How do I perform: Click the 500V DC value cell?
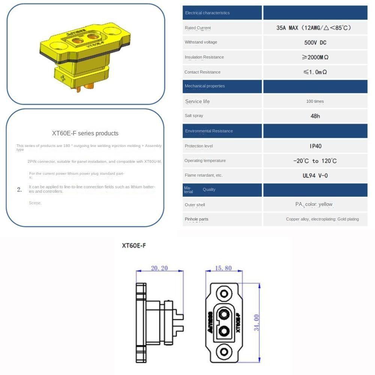click(x=315, y=42)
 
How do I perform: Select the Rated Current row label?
click(x=198, y=28)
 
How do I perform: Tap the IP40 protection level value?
click(x=315, y=146)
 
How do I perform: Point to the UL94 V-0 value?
click(x=315, y=175)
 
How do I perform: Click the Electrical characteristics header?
click(x=207, y=13)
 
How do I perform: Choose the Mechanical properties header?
click(x=205, y=86)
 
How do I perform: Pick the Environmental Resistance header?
click(x=209, y=131)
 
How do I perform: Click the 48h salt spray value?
click(x=315, y=116)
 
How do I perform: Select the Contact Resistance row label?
click(x=202, y=72)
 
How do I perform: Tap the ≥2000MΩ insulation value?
click(x=315, y=57)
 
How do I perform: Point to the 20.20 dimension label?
click(x=159, y=268)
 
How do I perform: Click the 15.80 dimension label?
click(x=223, y=268)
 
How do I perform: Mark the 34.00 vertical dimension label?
click(x=256, y=322)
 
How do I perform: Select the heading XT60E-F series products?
click(x=85, y=133)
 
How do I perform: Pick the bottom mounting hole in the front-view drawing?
click(x=224, y=352)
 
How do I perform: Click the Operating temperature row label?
click(x=205, y=160)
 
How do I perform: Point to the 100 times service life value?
click(x=315, y=101)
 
